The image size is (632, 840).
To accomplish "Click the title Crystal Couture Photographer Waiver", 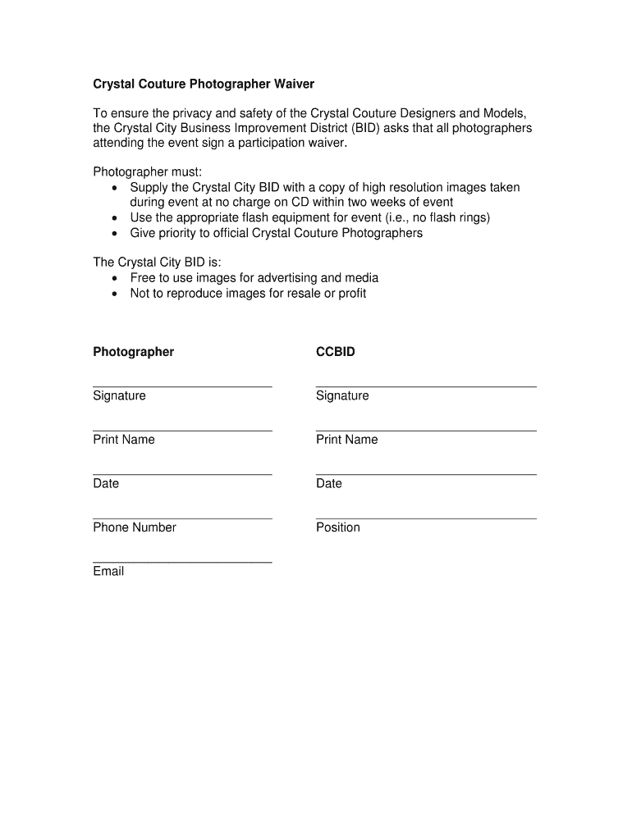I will click(204, 84).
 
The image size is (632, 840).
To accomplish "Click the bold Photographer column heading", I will click(134, 352).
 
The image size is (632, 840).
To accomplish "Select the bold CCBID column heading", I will click(336, 352).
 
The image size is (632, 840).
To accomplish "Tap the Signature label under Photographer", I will click(120, 396).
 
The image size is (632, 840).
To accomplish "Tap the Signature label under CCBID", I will click(342, 396).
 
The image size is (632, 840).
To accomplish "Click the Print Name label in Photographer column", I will click(124, 440).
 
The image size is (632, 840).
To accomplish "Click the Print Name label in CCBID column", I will click(347, 440).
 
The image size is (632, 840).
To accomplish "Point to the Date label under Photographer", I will click(106, 484).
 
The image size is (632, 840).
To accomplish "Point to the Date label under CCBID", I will click(329, 484).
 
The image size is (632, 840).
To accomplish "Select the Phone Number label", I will click(135, 527).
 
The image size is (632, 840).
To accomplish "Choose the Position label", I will click(338, 527).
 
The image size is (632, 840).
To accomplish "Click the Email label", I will click(108, 572).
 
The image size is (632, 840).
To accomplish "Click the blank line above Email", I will click(182, 562).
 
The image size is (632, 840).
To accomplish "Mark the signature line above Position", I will click(426, 518).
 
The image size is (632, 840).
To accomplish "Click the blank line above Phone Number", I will click(182, 518).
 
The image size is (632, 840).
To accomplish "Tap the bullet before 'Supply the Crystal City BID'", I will click(114, 189).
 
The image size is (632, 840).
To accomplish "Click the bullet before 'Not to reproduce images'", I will click(114, 294).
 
